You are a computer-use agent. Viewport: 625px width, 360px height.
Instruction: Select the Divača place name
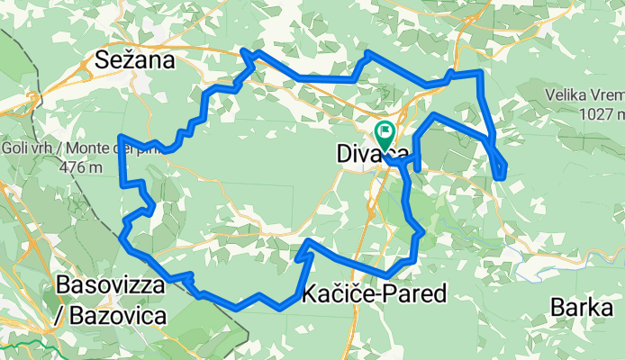pyautogui.click(x=372, y=154)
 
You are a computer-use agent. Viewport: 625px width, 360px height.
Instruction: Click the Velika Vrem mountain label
pyautogui.click(x=584, y=94)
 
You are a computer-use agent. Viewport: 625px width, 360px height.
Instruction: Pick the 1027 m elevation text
pyautogui.click(x=602, y=114)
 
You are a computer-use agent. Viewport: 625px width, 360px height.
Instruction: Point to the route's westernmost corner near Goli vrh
pyautogui.click(x=121, y=137)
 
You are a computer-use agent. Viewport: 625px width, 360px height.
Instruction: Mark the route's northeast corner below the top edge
pyautogui.click(x=480, y=73)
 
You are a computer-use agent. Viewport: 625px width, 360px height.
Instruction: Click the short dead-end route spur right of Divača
pyautogui.click(x=418, y=164)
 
